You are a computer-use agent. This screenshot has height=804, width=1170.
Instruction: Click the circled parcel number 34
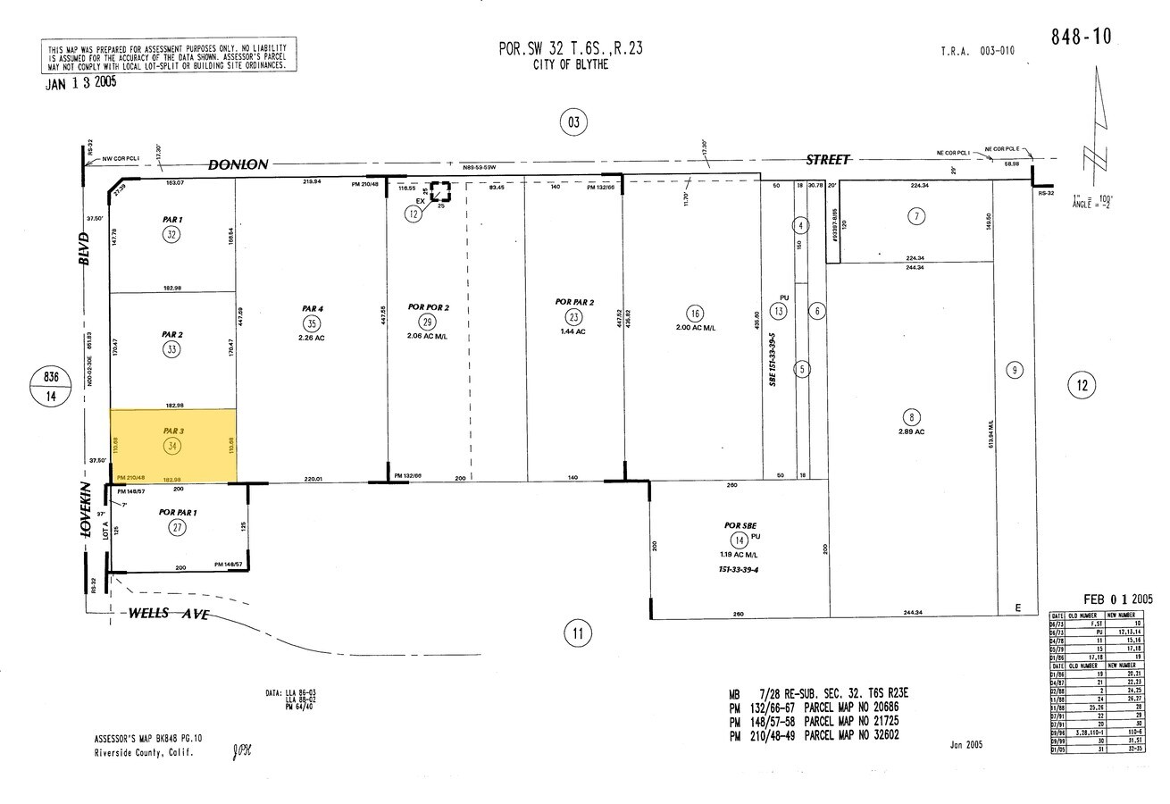pos(171,445)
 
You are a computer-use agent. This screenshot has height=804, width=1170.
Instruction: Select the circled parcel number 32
pos(171,234)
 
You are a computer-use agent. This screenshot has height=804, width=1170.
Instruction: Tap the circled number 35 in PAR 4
pos(311,323)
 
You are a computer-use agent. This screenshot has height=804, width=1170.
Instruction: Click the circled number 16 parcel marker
pos(694,313)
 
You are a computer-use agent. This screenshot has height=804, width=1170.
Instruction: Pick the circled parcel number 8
pos(912,417)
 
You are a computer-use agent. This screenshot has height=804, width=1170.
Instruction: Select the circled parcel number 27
pos(178,528)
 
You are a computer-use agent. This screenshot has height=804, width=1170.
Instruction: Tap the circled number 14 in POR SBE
pos(739,540)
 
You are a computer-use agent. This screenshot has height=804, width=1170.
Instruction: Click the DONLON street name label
pos(238,164)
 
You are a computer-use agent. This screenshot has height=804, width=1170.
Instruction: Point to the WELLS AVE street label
pos(168,614)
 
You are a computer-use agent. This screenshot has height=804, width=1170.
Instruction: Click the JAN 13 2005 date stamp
pos(80,82)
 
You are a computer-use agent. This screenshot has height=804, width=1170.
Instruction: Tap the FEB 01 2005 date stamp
pos(1118,599)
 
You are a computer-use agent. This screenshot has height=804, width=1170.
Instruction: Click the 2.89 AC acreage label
pos(912,431)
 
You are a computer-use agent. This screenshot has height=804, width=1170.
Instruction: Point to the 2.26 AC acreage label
pos(311,338)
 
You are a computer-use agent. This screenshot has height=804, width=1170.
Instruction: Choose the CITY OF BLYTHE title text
pos(570,65)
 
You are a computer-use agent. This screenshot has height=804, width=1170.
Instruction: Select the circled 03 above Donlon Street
pos(573,121)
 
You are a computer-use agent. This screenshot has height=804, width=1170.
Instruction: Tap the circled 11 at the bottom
pos(578,635)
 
